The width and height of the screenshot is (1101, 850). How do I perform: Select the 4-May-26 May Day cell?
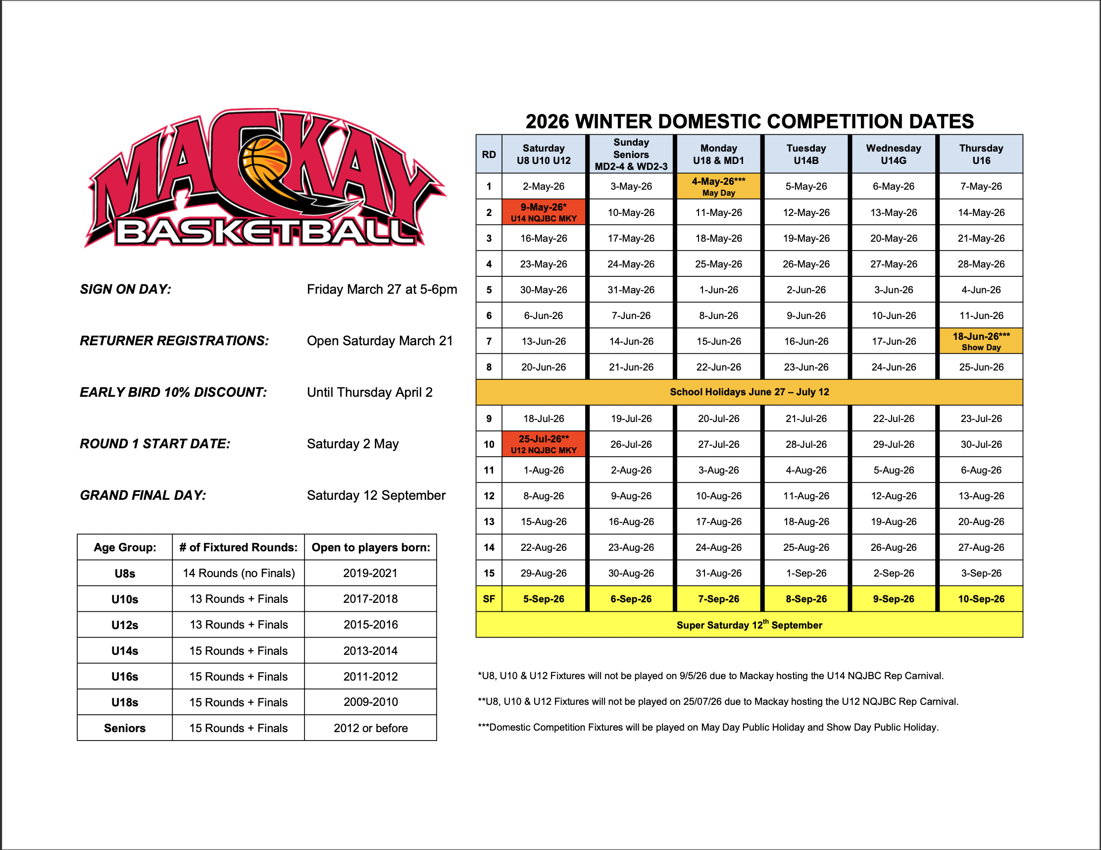tap(718, 186)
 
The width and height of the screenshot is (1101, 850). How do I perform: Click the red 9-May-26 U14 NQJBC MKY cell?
tap(544, 212)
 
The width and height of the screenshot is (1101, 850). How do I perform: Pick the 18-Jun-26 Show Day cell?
tap(981, 341)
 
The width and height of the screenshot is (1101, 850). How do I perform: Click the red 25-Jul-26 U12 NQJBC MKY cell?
tap(544, 444)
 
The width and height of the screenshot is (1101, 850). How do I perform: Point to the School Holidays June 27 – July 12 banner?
tap(749, 392)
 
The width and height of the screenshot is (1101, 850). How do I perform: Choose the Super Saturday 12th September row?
tap(749, 625)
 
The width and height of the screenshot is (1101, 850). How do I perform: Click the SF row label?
tap(489, 599)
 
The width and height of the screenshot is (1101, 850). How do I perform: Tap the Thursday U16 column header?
tap(981, 155)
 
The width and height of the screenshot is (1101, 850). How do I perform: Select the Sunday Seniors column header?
tap(631, 155)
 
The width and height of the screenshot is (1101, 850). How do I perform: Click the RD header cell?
tap(489, 155)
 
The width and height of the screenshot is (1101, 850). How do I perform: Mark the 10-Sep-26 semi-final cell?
tap(981, 599)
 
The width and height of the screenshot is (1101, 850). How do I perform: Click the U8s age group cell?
tap(125, 573)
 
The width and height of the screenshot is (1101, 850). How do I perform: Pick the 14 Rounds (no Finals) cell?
tap(239, 573)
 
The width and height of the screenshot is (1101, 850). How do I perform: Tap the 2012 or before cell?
tap(370, 728)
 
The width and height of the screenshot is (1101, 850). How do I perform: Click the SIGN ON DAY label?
tap(126, 289)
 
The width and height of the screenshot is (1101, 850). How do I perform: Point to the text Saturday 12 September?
tap(376, 495)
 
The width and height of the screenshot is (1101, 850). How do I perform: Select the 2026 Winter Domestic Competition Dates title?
tap(749, 121)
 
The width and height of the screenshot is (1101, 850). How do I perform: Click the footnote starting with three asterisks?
tap(708, 727)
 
